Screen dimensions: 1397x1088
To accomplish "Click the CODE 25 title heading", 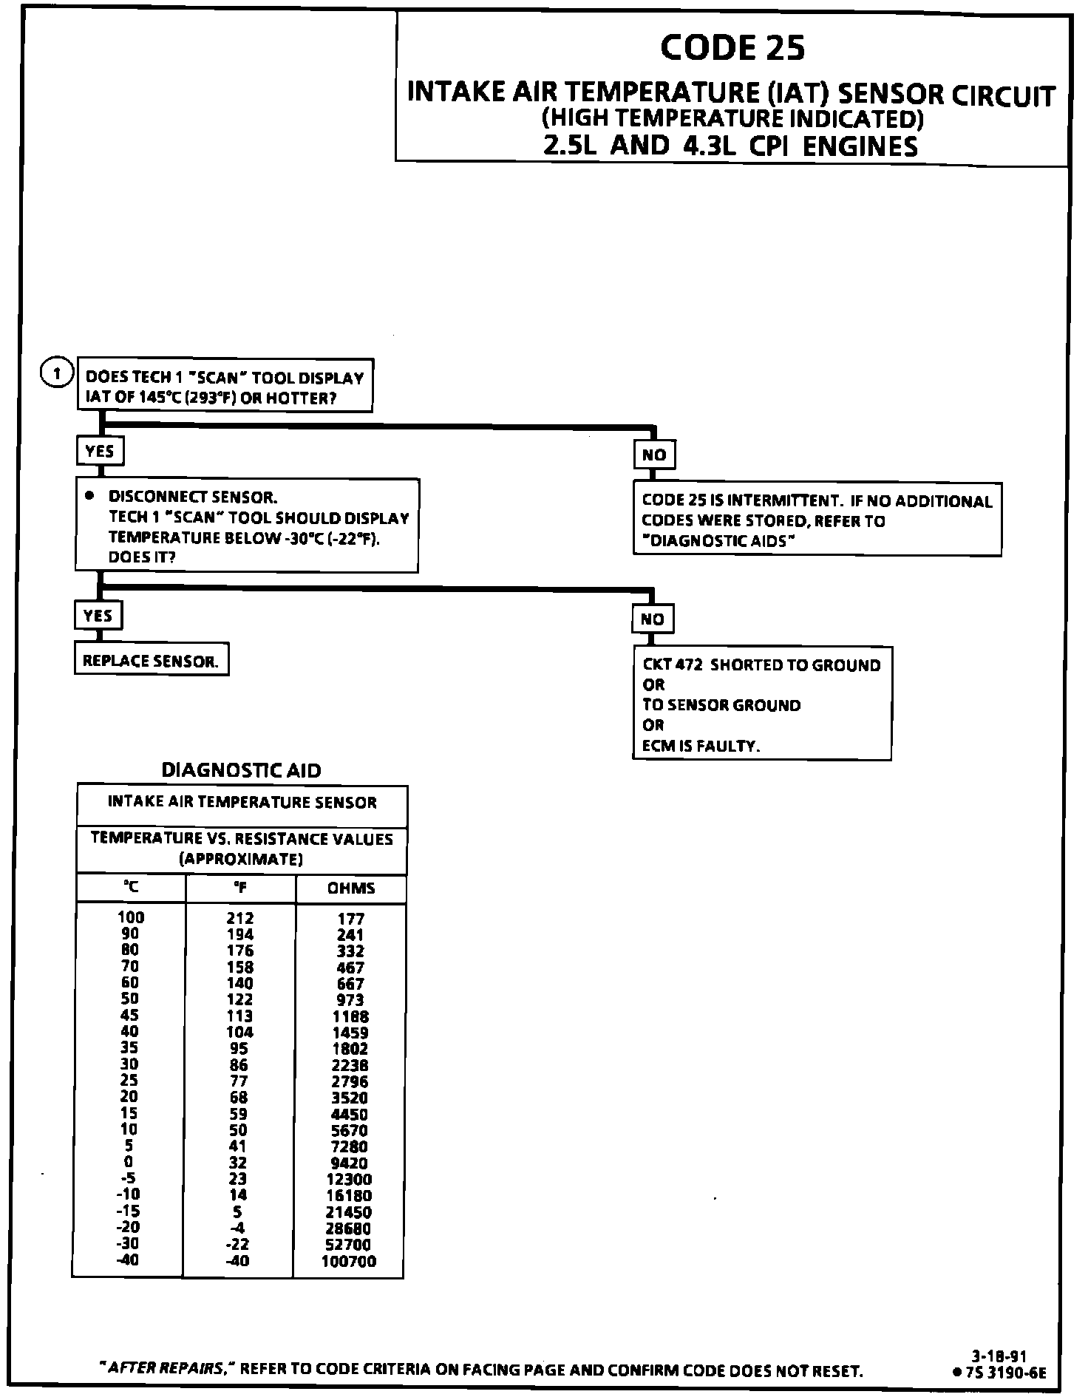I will tap(732, 47).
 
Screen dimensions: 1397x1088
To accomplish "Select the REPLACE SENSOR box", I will tap(152, 661).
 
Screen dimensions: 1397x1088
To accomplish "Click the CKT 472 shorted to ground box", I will tap(761, 704).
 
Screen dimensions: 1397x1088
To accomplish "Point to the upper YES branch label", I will tap(100, 451).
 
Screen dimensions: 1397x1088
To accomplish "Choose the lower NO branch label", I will tap(652, 619).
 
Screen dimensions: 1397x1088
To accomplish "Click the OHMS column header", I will tap(351, 888).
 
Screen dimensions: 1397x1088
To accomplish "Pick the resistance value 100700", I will tap(349, 1262).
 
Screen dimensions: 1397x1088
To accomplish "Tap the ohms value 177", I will tap(351, 919).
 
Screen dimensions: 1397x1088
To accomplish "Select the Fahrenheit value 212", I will tap(240, 919).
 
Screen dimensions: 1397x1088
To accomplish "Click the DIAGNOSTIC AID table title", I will tap(242, 771).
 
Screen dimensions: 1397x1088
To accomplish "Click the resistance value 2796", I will tap(350, 1081).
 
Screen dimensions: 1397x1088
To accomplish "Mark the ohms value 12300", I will tap(349, 1180).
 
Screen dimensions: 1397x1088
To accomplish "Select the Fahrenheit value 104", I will tap(239, 1033).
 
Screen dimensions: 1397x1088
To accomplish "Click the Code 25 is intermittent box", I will tap(817, 520).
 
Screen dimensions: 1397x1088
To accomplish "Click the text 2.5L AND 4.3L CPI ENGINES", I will tap(730, 146).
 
